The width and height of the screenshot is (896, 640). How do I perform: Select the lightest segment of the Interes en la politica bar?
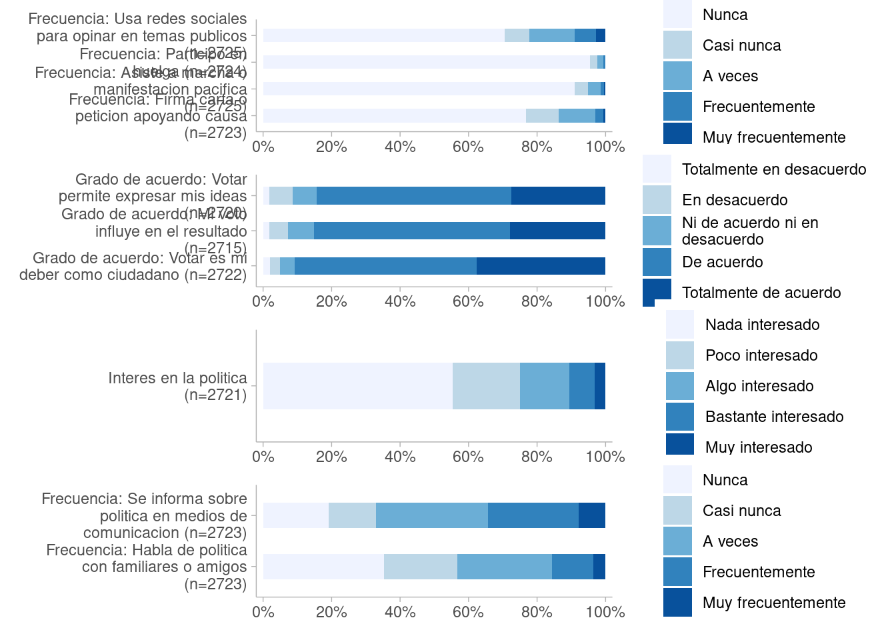[357, 386]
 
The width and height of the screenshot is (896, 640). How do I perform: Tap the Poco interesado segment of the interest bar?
[486, 386]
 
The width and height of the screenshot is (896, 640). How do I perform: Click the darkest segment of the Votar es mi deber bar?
[541, 266]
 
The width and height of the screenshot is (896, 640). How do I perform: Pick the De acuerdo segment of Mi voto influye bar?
[411, 231]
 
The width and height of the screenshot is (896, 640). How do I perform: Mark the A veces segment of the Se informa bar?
[432, 515]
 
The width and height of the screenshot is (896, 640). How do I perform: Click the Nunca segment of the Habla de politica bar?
[323, 567]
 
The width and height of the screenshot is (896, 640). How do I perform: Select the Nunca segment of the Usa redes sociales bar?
[383, 35]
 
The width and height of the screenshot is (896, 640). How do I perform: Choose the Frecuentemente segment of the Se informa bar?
[533, 515]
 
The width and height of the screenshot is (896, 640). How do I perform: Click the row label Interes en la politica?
[177, 387]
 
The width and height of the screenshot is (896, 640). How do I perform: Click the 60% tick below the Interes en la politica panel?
[468, 457]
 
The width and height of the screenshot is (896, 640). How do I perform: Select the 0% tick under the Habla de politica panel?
[263, 612]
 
